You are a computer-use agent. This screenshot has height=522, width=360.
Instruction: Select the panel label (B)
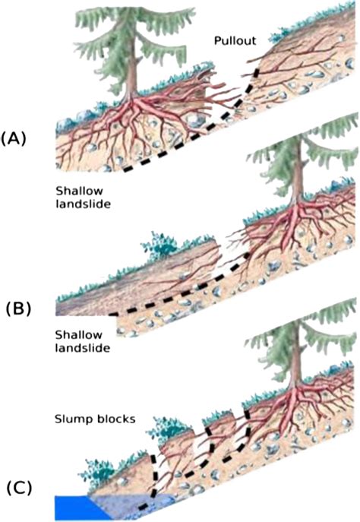[x=20, y=309]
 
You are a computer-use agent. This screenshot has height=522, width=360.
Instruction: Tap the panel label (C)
[x=18, y=484]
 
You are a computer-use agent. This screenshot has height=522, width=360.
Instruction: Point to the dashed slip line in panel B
[x=182, y=302]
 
